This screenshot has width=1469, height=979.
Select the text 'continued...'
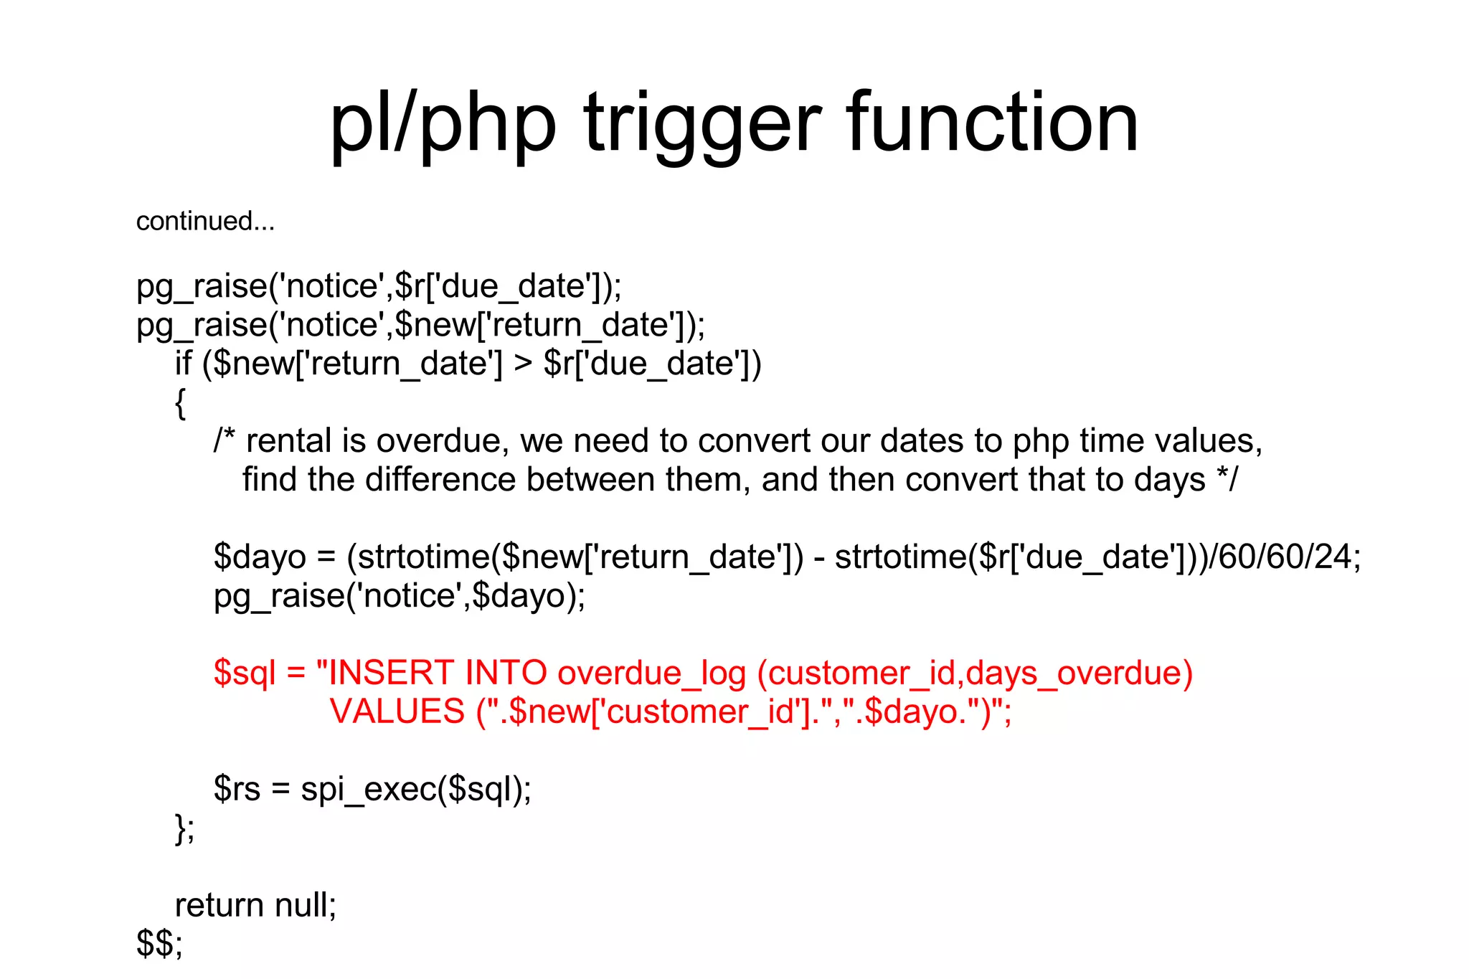pyautogui.click(x=205, y=221)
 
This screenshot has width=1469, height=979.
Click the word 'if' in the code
pyautogui.click(x=183, y=363)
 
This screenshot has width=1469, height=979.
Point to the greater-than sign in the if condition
pyautogui.click(x=523, y=363)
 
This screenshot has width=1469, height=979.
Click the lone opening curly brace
pyautogui.click(x=180, y=403)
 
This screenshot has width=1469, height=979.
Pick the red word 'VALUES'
pyautogui.click(x=397, y=711)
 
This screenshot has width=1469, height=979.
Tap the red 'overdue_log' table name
pyautogui.click(x=651, y=674)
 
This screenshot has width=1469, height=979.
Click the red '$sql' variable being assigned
pyautogui.click(x=245, y=674)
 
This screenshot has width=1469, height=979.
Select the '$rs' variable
pyautogui.click(x=237, y=789)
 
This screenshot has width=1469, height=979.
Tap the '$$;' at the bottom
pyautogui.click(x=159, y=944)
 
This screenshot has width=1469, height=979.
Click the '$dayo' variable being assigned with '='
pyautogui.click(x=260, y=557)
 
